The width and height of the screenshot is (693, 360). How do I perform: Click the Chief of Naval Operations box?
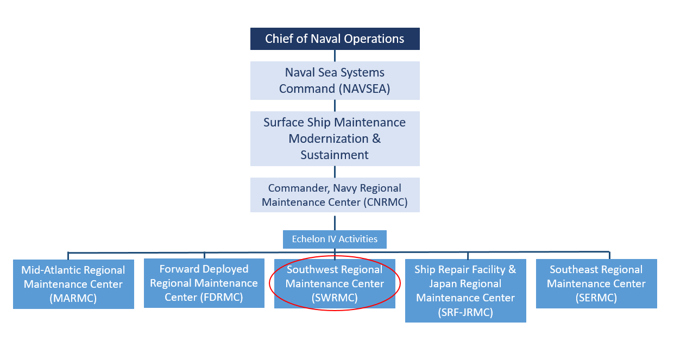335,39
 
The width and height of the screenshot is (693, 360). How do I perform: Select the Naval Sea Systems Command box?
335,80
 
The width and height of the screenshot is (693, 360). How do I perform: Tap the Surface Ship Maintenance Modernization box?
335,138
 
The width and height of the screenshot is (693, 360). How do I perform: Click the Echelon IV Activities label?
335,239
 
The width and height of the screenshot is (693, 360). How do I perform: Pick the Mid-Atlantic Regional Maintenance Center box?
73,284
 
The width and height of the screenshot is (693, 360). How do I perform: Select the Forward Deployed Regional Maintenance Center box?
204,283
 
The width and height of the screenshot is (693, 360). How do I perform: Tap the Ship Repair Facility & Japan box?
465,290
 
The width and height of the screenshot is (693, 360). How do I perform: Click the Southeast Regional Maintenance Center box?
596,283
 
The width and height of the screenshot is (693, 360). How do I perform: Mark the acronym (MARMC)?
73,298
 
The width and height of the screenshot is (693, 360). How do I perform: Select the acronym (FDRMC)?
220,298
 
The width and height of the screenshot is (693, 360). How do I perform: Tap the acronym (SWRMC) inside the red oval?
335,298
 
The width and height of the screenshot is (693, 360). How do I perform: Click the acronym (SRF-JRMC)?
465,312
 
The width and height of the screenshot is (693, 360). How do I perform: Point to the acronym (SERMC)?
596,298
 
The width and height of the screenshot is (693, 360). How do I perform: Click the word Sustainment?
335,155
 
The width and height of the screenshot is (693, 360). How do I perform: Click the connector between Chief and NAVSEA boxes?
335,55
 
